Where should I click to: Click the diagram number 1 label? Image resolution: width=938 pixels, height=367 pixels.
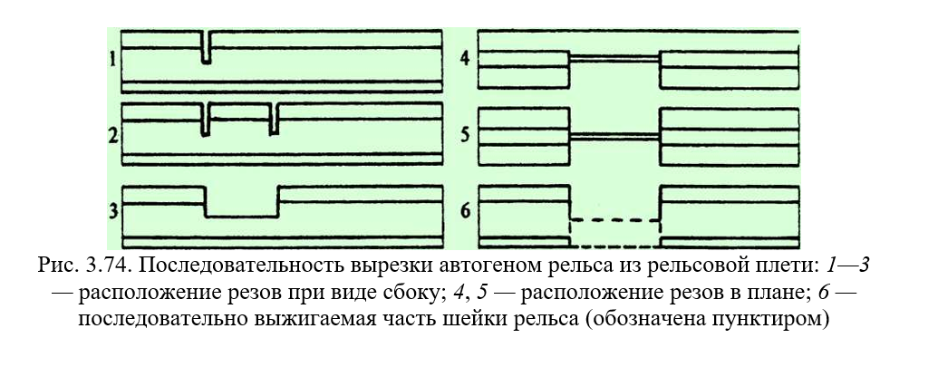coord(113,61)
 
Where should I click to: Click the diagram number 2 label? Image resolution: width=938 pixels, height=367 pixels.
coord(113,135)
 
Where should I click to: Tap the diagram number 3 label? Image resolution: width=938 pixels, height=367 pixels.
coord(113,210)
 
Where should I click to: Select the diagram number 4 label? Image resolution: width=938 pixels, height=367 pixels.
coord(465,61)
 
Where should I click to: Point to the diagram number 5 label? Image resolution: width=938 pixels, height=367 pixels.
coord(465,135)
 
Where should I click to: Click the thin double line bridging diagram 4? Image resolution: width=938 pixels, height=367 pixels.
coord(614,58)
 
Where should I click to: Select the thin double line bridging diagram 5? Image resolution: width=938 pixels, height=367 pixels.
coord(614,137)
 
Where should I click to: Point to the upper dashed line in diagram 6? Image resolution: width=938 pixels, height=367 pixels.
coord(614,220)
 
